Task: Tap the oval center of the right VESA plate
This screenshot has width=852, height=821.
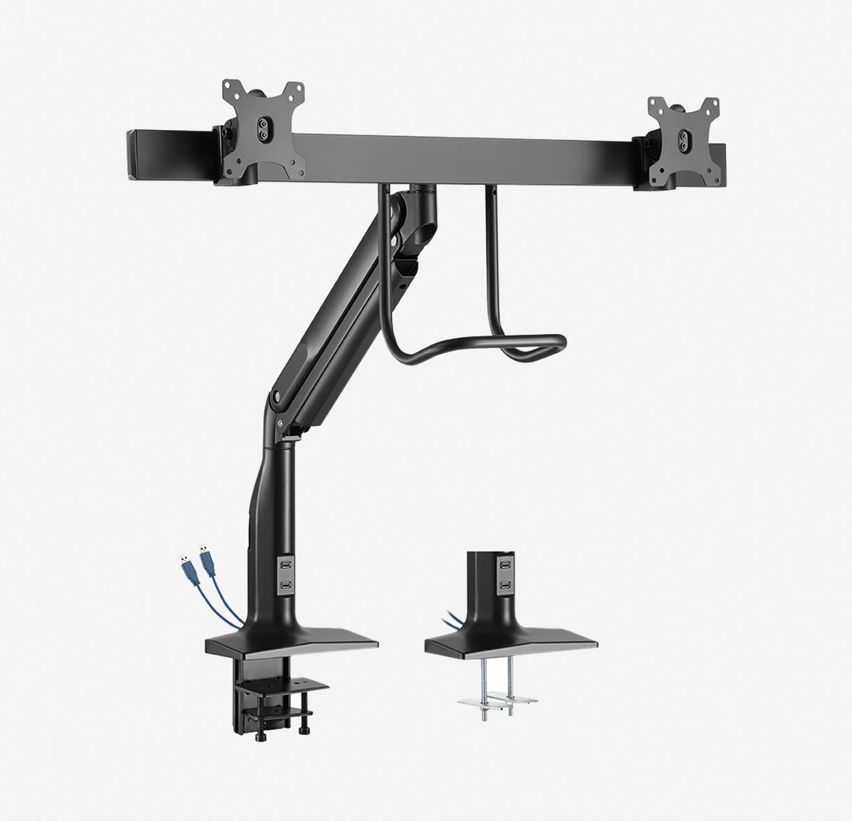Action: [684, 136]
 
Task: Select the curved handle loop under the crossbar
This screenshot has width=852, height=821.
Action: [481, 341]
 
